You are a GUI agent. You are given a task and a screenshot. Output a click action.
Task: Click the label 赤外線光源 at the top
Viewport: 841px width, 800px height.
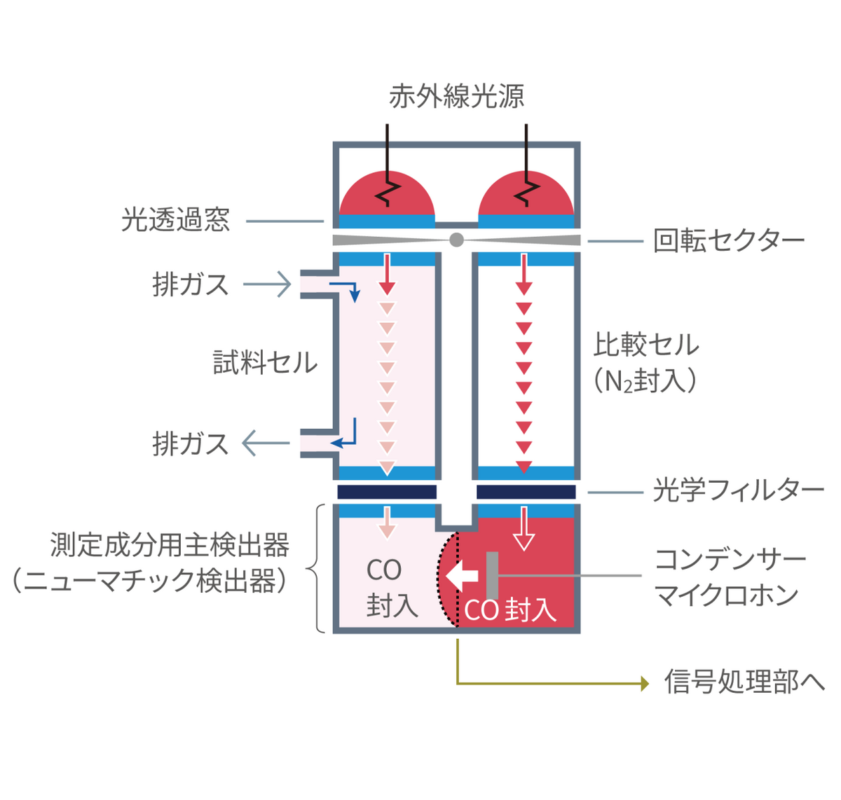(x=456, y=97)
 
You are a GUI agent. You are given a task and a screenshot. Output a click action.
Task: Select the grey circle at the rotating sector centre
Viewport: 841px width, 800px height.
(x=456, y=240)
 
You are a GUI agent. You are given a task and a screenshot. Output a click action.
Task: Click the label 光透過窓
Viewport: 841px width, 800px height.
(x=175, y=220)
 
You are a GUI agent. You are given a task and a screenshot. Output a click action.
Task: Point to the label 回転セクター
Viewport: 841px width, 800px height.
(x=729, y=241)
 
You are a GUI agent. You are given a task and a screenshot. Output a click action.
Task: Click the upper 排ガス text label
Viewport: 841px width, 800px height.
(x=191, y=284)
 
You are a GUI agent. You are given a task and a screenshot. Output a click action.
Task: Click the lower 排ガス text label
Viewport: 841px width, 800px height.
(x=191, y=443)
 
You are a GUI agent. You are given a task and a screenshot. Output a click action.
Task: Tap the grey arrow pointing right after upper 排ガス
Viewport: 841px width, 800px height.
(x=268, y=284)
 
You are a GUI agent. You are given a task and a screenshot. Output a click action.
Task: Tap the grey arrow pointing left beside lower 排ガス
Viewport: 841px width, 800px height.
(x=265, y=443)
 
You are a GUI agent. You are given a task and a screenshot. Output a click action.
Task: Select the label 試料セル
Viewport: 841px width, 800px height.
(x=265, y=362)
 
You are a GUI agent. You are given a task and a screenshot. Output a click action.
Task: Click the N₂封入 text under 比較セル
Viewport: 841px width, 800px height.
(x=645, y=382)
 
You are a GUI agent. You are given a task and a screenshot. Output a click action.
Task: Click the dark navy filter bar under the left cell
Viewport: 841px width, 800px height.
(x=387, y=492)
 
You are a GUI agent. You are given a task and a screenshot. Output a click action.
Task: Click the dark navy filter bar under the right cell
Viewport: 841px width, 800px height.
(x=526, y=492)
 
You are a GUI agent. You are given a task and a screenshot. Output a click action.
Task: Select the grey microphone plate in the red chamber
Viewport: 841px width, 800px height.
(x=492, y=576)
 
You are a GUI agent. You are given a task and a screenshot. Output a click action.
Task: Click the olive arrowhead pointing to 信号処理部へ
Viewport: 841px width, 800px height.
(x=645, y=683)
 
